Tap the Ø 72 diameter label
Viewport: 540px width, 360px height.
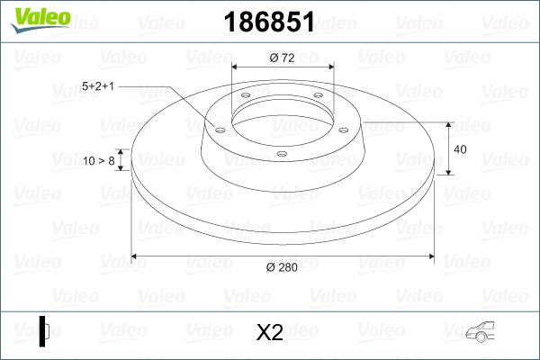[x=283, y=57]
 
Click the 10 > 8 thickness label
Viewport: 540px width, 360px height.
[x=98, y=161]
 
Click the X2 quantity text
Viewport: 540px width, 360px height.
[x=270, y=333]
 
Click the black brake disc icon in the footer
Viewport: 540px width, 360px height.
[x=44, y=330]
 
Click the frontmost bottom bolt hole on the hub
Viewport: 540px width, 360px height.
[x=282, y=154]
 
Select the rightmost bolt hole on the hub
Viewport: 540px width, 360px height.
[x=345, y=128]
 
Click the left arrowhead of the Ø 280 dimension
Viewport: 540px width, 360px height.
[x=136, y=256]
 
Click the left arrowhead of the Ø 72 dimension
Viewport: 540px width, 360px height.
[x=236, y=67]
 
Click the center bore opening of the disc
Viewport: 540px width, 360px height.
[x=283, y=113]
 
